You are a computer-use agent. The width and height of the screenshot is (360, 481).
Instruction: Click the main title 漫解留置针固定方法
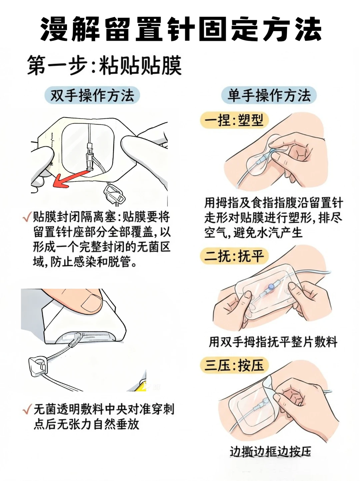[180, 29]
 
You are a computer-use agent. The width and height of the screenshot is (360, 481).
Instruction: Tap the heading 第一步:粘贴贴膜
[104, 65]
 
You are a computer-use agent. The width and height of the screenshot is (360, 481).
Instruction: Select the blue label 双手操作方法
[92, 96]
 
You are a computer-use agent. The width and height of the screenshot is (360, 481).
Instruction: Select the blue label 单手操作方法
[269, 96]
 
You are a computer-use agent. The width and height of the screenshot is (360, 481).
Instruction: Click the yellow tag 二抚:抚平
[234, 256]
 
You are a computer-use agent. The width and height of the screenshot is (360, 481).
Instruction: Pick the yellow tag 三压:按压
[234, 365]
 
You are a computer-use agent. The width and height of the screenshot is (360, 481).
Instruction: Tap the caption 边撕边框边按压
[270, 452]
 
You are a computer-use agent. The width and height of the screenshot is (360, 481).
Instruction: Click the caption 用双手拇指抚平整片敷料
[273, 342]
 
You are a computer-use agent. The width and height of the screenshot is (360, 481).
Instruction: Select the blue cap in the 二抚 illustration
[272, 286]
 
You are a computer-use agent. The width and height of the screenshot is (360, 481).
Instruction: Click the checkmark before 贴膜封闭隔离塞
[27, 217]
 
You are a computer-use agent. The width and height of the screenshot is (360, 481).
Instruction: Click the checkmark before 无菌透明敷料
[27, 409]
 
